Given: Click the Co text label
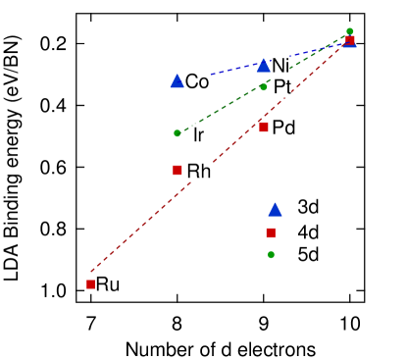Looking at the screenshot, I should [196, 81].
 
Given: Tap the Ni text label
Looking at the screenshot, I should [280, 66].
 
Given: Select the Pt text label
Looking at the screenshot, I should [281, 87].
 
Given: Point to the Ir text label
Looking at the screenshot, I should [198, 134].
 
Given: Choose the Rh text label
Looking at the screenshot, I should [199, 172].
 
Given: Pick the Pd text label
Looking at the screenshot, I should [283, 127].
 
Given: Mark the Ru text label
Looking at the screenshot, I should [108, 284].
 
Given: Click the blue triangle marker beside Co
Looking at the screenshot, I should [177, 80].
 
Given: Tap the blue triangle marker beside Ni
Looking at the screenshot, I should [263, 65].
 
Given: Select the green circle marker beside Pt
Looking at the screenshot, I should [263, 87].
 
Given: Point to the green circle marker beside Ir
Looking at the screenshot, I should [177, 132].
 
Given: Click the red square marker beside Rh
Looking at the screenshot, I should [177, 170].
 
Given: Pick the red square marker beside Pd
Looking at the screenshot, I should [263, 127].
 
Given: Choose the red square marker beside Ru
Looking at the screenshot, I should [90, 284].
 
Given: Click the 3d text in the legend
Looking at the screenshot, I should [308, 207].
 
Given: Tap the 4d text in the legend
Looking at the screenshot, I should [308, 231].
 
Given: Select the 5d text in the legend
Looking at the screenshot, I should [308, 254].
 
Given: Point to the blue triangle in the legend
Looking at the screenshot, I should [275, 209].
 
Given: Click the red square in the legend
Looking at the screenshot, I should [272, 232].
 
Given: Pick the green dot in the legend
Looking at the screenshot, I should [272, 255].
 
